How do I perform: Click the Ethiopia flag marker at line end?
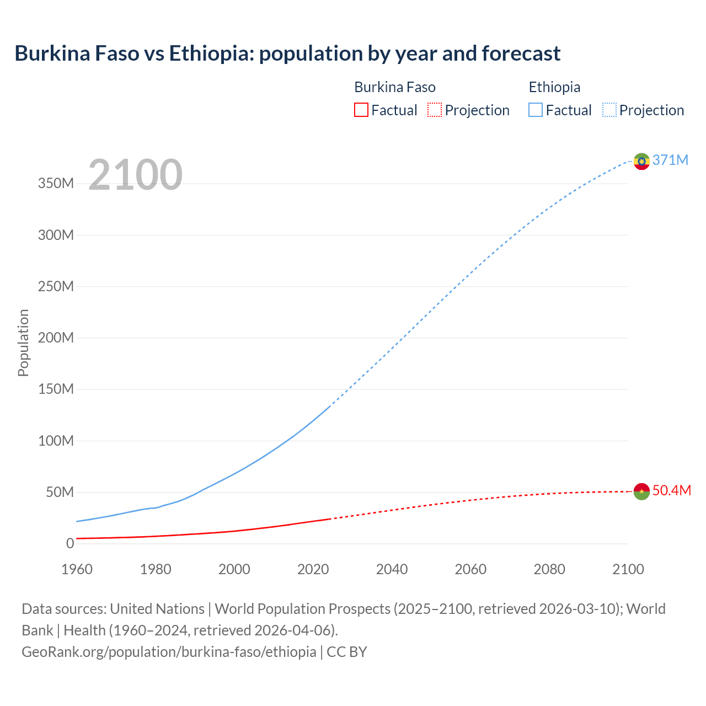(641, 161)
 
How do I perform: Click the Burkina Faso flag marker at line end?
(641, 491)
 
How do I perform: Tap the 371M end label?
(670, 160)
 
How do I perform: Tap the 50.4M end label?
(671, 490)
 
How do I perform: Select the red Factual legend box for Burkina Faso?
(361, 110)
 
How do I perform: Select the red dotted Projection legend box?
(435, 110)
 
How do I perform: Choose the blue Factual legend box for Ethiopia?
(536, 110)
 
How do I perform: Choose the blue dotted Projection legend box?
(609, 110)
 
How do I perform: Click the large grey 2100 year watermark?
(135, 175)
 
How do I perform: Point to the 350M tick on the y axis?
(56, 183)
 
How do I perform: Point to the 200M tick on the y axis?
(56, 338)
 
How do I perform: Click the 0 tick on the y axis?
(69, 543)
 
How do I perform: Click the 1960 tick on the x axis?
(77, 569)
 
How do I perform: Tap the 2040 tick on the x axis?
(392, 569)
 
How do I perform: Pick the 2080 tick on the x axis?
(549, 569)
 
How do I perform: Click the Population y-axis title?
(23, 343)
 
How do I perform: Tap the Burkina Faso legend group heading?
(394, 87)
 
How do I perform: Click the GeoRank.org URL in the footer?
(169, 652)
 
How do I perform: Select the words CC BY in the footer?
(347, 652)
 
